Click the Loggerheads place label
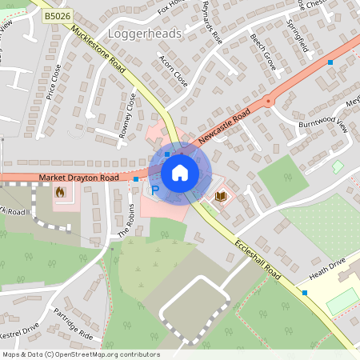[x=150, y=35]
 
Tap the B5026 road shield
[x=57, y=15]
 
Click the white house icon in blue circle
[x=179, y=172]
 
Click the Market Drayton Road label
[x=78, y=177]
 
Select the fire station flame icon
[x=59, y=192]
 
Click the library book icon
[x=221, y=195]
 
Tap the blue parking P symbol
[x=156, y=190]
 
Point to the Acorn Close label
[x=174, y=71]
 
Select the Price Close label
[x=54, y=82]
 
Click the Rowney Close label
[x=127, y=116]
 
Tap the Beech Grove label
[x=262, y=52]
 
